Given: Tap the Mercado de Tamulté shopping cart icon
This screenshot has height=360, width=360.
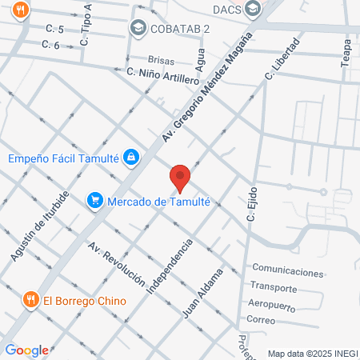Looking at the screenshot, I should (95, 201).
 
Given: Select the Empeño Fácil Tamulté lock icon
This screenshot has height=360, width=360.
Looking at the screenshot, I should (130, 158).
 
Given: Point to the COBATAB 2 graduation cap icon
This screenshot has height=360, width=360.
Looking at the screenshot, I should (138, 29).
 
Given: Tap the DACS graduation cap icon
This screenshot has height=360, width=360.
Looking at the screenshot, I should (254, 10).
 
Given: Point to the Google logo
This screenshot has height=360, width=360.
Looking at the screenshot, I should (26, 350).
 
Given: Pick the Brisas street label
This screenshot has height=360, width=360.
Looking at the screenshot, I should (162, 60).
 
